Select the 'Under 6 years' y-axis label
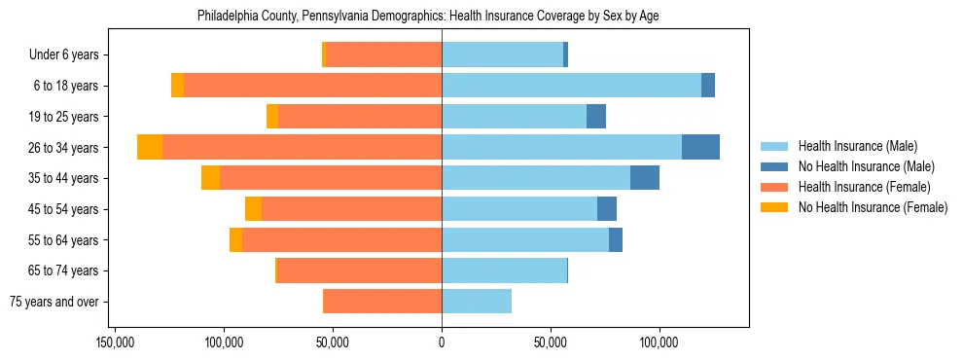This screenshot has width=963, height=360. pos(69,54)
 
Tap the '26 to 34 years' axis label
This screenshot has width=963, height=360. pos(65,147)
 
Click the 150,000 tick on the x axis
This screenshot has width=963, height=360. pos(115,342)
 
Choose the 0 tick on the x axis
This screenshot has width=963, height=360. pos(442,342)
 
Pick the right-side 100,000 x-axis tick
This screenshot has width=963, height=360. pos(659,342)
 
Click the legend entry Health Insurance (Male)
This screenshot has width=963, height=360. pos(857,146)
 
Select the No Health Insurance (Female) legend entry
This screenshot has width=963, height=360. pos(873,207)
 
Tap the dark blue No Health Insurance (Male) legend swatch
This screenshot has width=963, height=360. pos(774,166)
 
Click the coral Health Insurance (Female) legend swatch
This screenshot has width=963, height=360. pos(774,187)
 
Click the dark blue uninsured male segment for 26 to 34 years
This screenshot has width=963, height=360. pos(700,147)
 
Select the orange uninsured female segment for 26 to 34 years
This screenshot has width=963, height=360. pos(150,147)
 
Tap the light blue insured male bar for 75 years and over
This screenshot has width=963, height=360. pos(477,302)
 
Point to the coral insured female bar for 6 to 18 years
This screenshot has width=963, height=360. pos(312,86)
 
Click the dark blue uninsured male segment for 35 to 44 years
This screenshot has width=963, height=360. pos(645,178)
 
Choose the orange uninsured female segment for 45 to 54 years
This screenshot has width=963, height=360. pos(253,209)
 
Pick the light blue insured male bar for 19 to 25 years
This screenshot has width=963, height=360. pos(514,117)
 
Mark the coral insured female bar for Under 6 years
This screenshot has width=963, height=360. pos(383,54)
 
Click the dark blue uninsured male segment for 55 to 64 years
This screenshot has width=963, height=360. pos(616,239)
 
